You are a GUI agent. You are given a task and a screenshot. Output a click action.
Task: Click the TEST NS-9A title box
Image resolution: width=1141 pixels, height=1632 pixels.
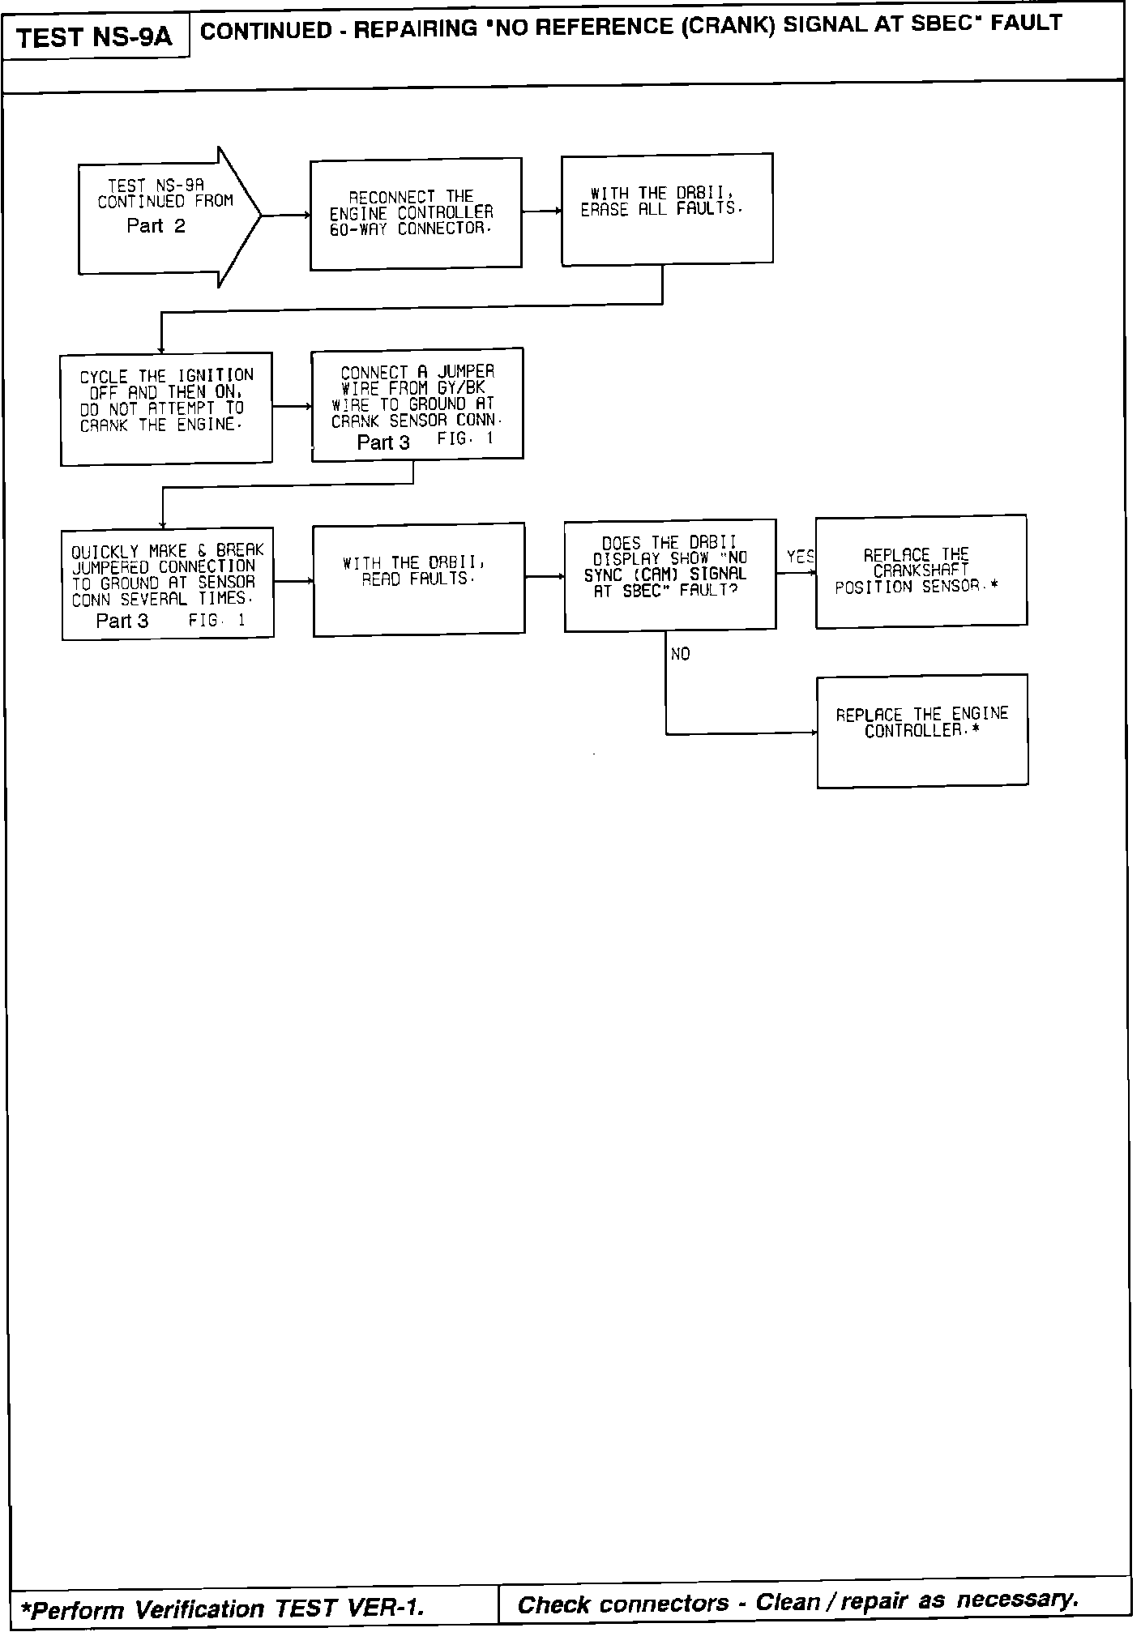95,37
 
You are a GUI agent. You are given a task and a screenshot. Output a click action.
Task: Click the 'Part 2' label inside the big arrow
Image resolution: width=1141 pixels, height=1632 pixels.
156,226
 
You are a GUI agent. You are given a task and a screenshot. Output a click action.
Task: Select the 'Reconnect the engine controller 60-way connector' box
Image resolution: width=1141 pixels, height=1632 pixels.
416,213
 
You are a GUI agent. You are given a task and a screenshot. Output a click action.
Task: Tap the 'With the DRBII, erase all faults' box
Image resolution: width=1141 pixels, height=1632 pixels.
667,208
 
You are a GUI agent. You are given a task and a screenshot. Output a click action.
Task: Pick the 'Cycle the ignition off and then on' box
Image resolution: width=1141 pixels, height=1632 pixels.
166,408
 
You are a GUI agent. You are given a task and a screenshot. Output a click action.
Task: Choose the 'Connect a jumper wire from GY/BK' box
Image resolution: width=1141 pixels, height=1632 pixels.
417,404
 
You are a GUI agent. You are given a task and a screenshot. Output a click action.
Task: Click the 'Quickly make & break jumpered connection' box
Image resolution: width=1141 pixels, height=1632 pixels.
168,584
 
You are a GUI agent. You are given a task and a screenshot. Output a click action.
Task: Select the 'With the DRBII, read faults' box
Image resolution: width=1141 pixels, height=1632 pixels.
419,579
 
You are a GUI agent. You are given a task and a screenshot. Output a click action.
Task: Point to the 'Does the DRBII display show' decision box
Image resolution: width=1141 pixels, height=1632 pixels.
670,575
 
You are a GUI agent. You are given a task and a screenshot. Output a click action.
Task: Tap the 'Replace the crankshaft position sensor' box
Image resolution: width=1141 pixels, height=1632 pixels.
921,570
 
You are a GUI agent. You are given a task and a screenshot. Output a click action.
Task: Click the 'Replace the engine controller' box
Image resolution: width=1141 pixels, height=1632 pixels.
922,730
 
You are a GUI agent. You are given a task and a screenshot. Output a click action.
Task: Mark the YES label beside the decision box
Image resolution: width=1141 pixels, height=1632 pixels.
800,557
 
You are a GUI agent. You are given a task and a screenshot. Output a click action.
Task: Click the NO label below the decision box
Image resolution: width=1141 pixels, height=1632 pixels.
681,654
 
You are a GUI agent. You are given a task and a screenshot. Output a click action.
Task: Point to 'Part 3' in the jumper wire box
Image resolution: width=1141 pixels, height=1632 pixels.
383,442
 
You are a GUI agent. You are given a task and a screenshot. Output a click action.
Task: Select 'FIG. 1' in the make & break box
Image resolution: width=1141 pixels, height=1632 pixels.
216,621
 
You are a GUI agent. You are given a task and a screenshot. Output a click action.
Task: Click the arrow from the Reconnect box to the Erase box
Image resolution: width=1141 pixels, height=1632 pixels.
541,211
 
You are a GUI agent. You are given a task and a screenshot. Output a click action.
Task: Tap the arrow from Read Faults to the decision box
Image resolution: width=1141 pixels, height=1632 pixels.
545,577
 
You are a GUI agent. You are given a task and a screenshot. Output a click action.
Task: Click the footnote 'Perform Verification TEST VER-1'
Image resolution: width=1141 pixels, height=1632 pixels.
222,1608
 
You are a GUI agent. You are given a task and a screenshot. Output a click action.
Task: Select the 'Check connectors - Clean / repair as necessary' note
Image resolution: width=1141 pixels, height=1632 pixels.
797,1602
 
